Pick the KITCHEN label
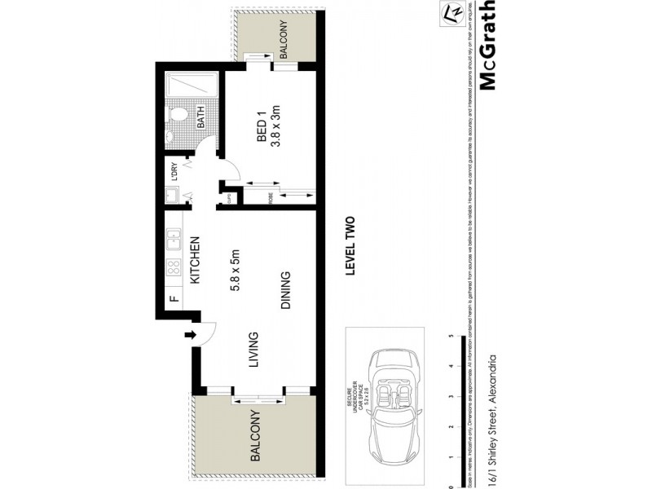196,260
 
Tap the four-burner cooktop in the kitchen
173,268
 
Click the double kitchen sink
173,238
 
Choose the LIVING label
253,349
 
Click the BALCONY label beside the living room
255,437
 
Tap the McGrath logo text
487,45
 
